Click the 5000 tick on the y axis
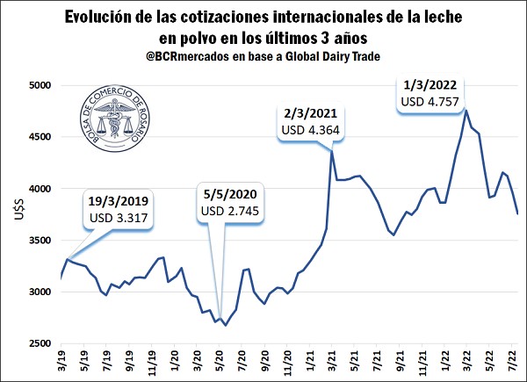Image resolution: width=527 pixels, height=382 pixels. point(40,85)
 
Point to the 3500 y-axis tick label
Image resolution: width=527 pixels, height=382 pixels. point(40,241)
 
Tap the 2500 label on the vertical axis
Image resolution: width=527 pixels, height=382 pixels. point(40,343)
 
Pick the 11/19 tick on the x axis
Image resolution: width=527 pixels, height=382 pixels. point(152,361)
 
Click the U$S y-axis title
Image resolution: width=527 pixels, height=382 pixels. point(19,209)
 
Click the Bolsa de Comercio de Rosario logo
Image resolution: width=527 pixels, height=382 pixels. point(115,119)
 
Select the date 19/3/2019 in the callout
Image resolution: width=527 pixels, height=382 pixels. point(119,201)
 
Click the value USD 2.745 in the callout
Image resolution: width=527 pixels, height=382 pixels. point(230,211)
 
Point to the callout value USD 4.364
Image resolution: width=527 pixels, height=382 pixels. point(311,130)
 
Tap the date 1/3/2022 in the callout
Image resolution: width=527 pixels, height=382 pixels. point(430,85)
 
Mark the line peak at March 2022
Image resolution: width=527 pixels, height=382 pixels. point(466,110)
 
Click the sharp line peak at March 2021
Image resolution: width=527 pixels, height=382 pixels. point(332,150)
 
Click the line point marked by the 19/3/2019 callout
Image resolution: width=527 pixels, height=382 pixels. point(68,259)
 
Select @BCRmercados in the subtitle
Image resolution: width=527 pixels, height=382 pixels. point(188,56)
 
